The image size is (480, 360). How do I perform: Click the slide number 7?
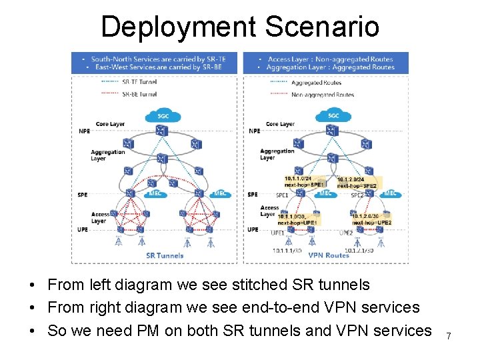click(x=449, y=336)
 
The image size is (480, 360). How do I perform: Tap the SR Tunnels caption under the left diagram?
click(x=165, y=255)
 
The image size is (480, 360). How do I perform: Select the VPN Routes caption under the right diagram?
click(x=329, y=255)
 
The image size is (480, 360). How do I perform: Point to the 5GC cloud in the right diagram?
click(x=333, y=115)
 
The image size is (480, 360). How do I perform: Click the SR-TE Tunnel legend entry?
click(x=139, y=82)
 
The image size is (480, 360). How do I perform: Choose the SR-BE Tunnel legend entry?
click(x=139, y=95)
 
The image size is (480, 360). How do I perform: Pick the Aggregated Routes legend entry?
click(x=316, y=83)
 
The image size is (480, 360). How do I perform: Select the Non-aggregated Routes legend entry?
click(x=323, y=95)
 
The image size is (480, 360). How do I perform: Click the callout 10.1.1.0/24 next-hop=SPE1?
click(x=304, y=181)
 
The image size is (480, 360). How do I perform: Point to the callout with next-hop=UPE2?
click(x=371, y=219)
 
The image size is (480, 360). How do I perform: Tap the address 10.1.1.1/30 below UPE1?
click(x=287, y=251)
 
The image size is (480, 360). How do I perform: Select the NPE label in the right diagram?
click(x=254, y=131)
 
